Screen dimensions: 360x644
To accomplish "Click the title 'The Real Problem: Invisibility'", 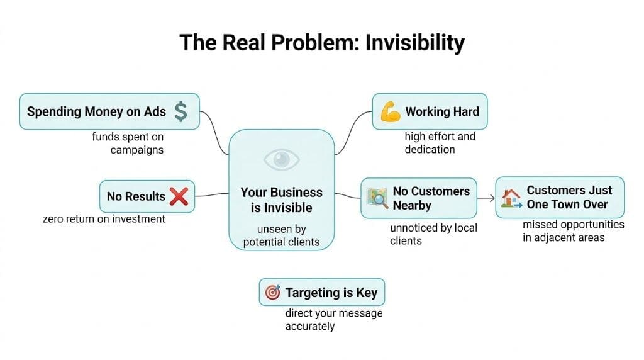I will pos(322,43).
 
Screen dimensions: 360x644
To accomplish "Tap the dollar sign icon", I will pos(181,111).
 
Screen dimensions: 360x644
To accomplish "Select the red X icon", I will pos(179,196).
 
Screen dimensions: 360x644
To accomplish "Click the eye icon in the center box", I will pos(281,160).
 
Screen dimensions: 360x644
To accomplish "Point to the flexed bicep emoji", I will pos(390,112).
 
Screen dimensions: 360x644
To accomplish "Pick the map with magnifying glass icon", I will pos(376,198).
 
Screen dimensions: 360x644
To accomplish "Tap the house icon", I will pos(511,198).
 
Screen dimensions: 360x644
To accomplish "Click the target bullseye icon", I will pos(272,293).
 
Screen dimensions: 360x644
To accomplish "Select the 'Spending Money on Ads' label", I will pos(96,112).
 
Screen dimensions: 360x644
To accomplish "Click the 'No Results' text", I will pos(135,196).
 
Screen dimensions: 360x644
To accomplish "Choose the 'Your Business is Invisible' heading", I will pos(281,200).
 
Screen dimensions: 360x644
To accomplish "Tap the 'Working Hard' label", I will pos(442,112).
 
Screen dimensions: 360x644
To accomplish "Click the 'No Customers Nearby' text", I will pos(431,198).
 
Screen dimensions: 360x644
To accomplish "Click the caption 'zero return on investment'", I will pos(104,219).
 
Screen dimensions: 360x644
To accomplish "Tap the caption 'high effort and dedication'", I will pos(440,143).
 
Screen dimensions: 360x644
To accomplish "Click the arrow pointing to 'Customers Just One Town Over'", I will pos(486,198).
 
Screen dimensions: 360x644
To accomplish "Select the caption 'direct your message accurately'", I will pos(333,320).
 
